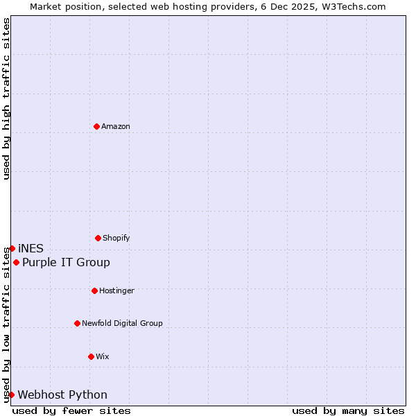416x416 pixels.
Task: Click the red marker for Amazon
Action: (x=97, y=126)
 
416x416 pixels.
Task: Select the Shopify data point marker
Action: (x=98, y=238)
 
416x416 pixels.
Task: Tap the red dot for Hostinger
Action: (x=94, y=291)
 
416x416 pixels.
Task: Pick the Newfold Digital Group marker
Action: (x=77, y=323)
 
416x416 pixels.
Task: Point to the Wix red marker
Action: (x=91, y=356)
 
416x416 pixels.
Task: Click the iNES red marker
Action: (x=12, y=248)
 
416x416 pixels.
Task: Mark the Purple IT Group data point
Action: (x=16, y=262)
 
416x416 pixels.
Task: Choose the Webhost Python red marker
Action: (x=11, y=395)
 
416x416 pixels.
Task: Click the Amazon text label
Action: (x=116, y=126)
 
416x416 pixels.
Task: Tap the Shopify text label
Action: (x=116, y=238)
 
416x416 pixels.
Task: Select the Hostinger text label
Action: (x=117, y=291)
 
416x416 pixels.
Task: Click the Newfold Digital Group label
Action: (x=122, y=323)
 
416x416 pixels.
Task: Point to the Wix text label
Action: (x=103, y=356)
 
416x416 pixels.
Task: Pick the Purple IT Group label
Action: (x=66, y=262)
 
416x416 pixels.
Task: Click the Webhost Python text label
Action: (x=62, y=395)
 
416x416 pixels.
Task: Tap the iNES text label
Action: (x=31, y=248)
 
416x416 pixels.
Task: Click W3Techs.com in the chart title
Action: (x=356, y=6)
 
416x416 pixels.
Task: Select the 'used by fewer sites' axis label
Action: (x=71, y=410)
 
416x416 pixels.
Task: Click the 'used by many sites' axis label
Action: (x=348, y=410)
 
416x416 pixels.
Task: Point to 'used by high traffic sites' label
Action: (x=6, y=98)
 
